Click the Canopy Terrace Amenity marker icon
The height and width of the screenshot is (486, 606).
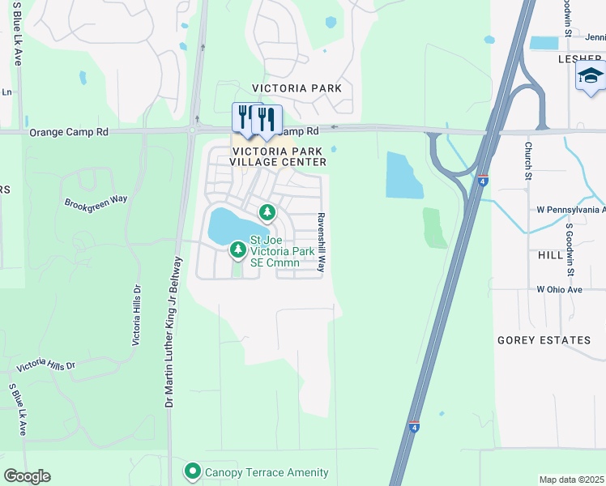point(192,471)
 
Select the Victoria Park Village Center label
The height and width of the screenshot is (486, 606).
point(279,156)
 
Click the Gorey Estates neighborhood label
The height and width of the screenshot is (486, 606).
point(544,340)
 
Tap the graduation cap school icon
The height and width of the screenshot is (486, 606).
point(590,76)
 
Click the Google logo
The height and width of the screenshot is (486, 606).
point(27,476)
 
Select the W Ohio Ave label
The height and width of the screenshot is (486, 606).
point(559,289)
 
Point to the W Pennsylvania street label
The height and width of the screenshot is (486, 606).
point(570,210)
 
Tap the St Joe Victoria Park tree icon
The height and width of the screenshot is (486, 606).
point(237,250)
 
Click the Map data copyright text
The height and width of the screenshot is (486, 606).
point(572,480)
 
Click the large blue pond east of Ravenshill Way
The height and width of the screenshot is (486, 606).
point(403,175)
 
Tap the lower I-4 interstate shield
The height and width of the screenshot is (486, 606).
point(414,426)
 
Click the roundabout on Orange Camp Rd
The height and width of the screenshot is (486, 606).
point(194,129)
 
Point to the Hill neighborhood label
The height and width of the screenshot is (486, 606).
point(549,254)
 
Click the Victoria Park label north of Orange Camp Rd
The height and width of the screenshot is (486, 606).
point(297,87)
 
